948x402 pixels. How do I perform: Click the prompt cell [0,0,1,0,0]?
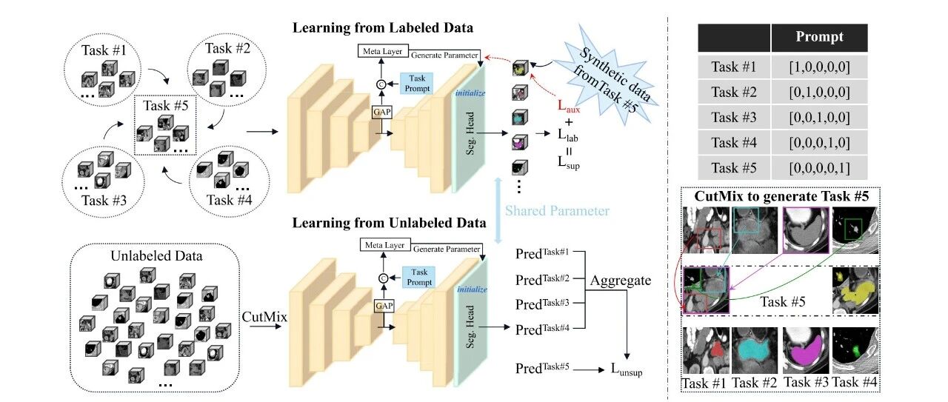click(819, 117)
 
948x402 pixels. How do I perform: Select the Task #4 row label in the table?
click(734, 143)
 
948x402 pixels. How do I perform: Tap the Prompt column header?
click(819, 37)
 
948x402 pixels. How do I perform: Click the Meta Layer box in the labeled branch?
click(383, 51)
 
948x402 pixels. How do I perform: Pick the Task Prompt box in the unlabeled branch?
click(419, 277)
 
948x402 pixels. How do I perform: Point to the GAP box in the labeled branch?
click(381, 112)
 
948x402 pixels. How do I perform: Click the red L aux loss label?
click(568, 106)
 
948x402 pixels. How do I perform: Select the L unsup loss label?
click(627, 369)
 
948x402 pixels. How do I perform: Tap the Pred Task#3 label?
click(542, 304)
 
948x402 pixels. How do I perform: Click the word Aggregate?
click(621, 281)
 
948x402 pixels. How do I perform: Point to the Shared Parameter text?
click(557, 211)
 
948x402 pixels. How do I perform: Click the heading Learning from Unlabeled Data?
click(389, 223)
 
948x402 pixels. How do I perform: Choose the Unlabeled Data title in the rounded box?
click(156, 256)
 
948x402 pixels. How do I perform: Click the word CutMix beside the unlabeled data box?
click(264, 317)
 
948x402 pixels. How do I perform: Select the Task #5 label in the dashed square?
click(165, 105)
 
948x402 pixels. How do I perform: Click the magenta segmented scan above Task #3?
click(805, 350)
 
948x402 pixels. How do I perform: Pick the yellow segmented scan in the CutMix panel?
click(855, 291)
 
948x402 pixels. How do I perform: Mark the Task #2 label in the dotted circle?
click(227, 48)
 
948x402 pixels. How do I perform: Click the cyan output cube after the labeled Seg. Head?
click(520, 117)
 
